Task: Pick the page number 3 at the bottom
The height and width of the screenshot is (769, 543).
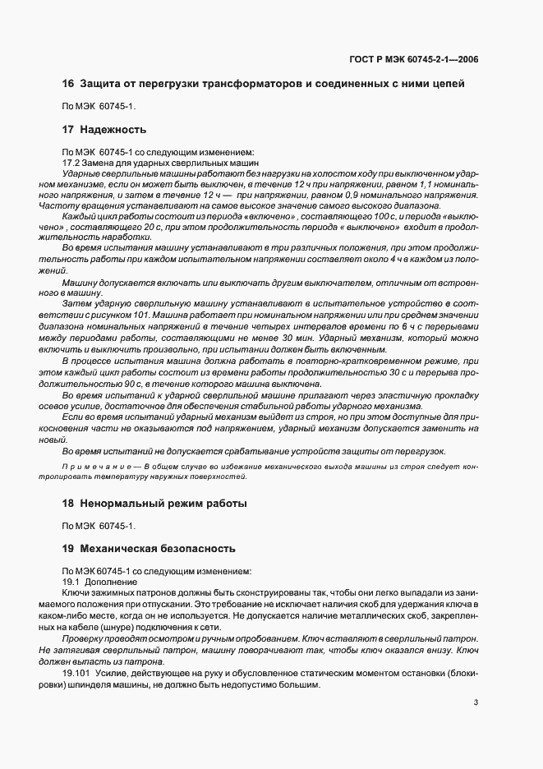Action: pos(476,702)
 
